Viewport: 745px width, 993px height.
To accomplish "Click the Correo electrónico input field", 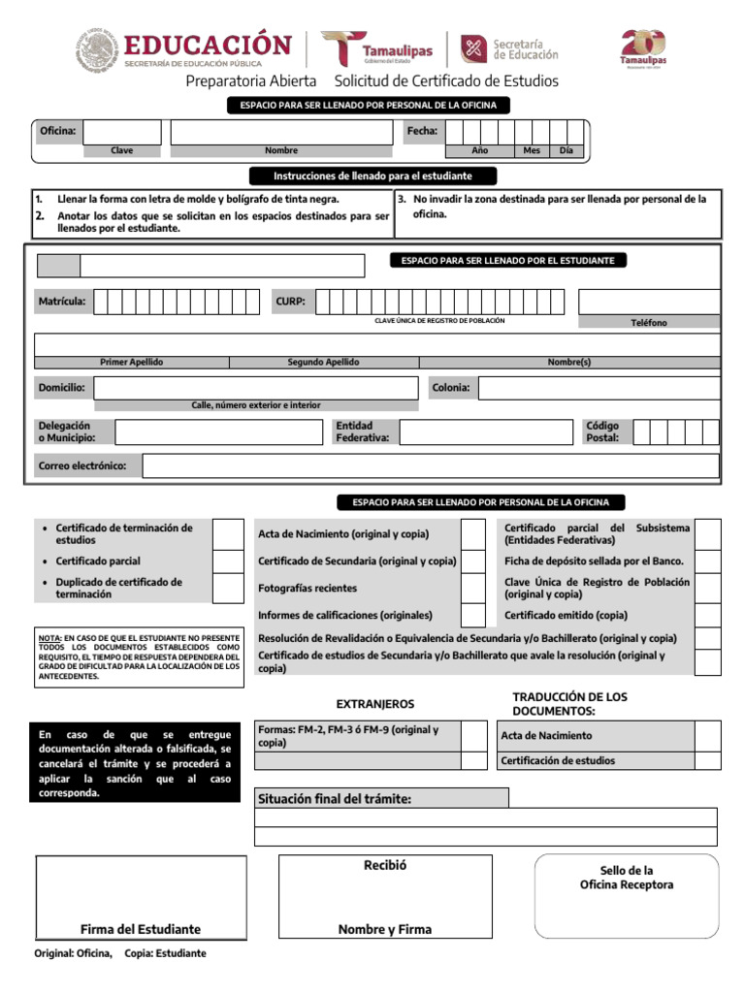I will tap(430, 466).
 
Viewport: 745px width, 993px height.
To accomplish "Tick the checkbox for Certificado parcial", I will tap(228, 561).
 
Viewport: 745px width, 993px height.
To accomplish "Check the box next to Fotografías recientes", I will tap(472, 589).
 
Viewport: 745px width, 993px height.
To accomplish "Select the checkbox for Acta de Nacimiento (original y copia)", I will tap(472, 533).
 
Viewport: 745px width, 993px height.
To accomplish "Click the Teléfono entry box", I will tap(649, 302).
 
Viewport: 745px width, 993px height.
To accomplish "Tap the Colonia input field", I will tap(599, 388).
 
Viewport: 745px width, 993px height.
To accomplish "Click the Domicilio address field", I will tap(255, 388).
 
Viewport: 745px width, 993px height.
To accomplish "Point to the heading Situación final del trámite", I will tap(335, 798).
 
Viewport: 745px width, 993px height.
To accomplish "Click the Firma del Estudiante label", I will tap(141, 929).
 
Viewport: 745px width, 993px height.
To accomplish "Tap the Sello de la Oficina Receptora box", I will tap(626, 897).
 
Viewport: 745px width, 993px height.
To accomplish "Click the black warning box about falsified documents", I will tap(135, 763).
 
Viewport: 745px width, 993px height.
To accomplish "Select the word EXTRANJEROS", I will tap(374, 703).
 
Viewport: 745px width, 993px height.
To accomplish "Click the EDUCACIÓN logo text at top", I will tap(208, 45).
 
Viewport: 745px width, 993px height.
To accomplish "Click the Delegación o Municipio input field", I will tap(218, 432).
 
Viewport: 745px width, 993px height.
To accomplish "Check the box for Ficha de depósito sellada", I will tap(708, 561).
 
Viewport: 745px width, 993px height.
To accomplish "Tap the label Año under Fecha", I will tap(479, 150).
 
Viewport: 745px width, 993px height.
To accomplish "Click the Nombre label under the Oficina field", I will tap(281, 150).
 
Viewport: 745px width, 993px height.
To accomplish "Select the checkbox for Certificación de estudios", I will tap(708, 761).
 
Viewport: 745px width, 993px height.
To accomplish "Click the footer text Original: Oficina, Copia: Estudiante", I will tap(120, 953).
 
